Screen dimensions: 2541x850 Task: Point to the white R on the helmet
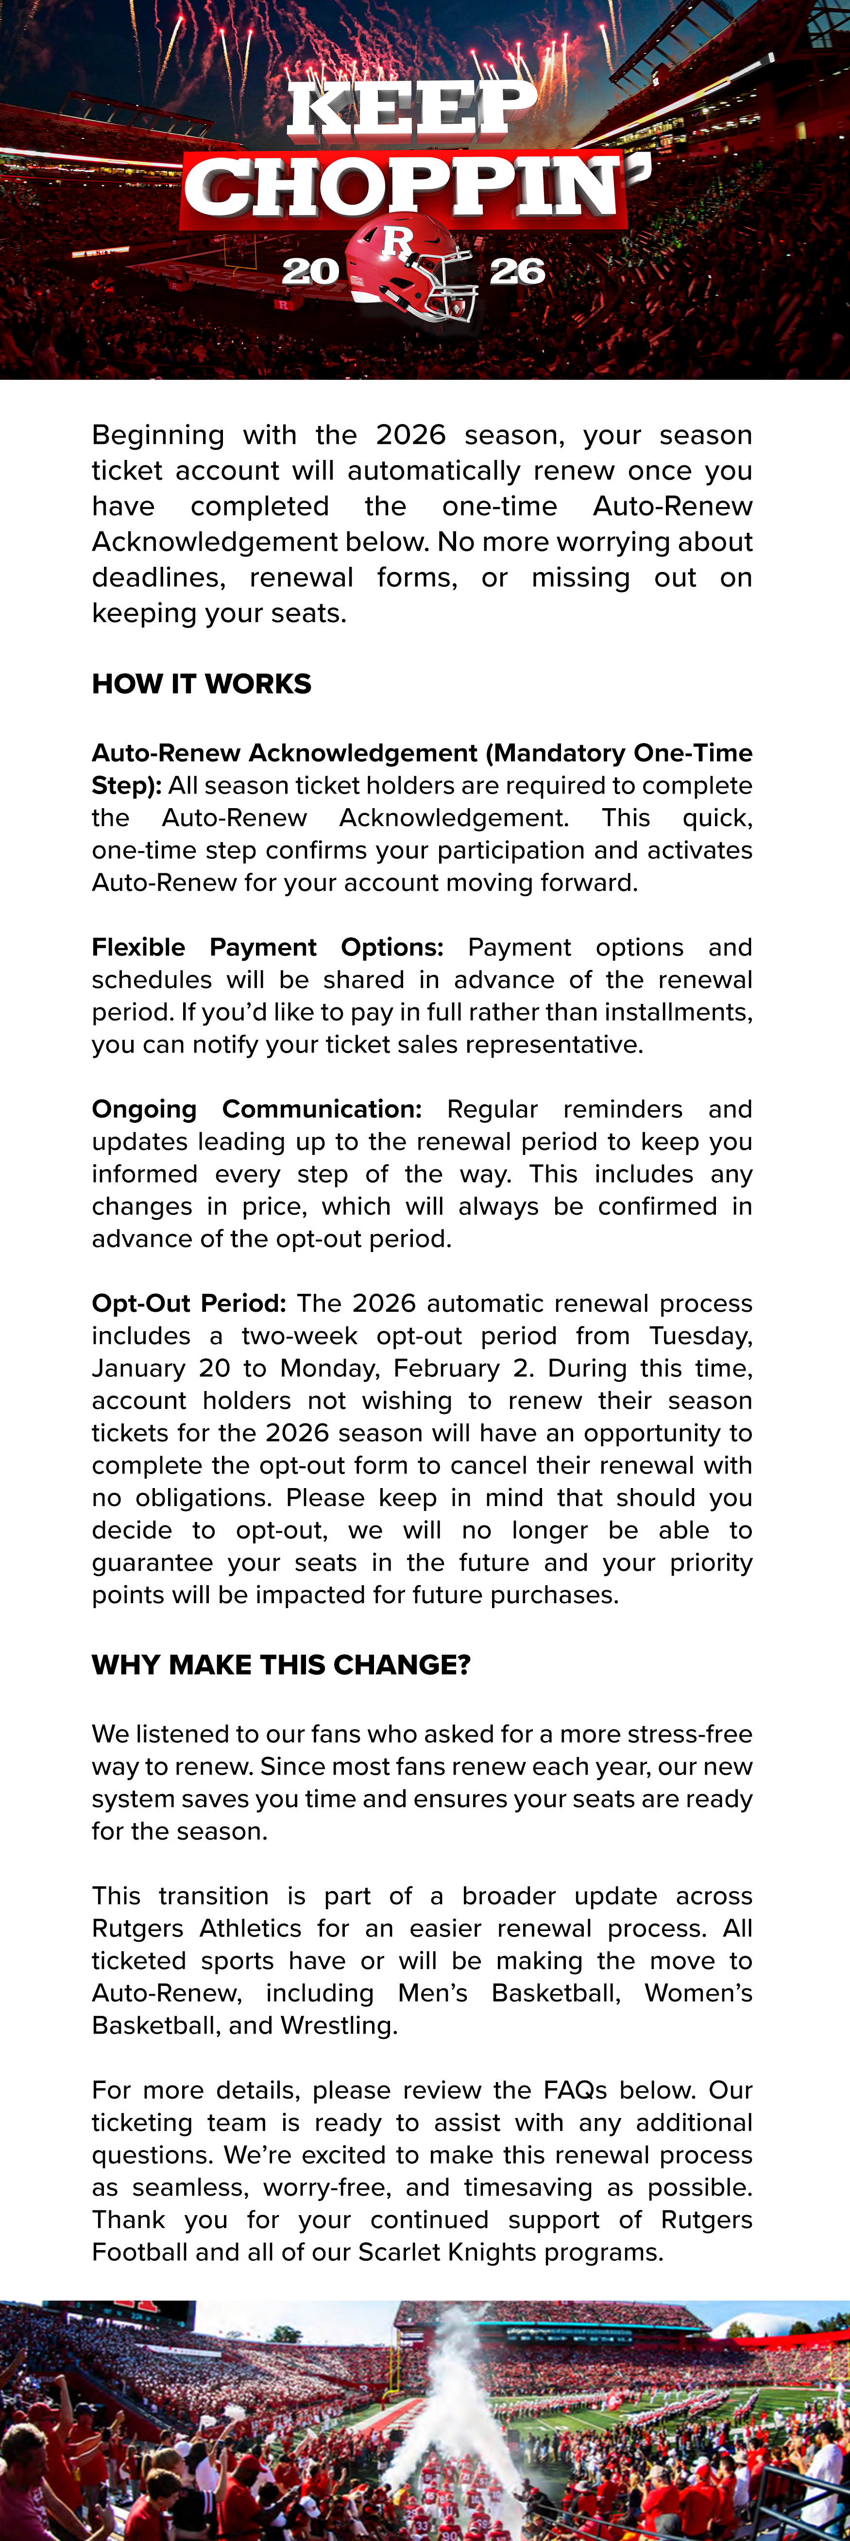pos(397,240)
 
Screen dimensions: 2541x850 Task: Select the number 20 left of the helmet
pos(309,271)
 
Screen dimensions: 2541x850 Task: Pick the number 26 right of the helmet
pos(517,271)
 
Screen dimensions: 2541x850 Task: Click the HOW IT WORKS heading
pos(201,684)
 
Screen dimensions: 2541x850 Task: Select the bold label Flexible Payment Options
pos(267,947)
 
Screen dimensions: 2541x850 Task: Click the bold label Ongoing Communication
pos(256,1109)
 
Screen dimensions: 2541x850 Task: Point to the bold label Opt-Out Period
pos(188,1303)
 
